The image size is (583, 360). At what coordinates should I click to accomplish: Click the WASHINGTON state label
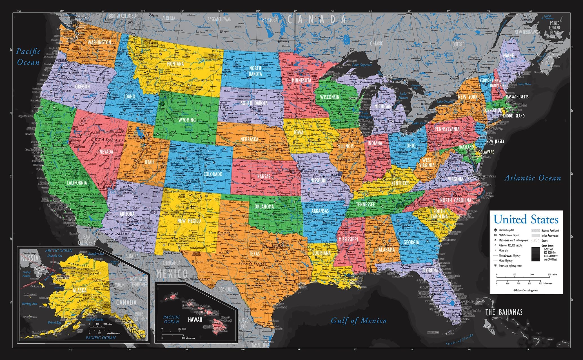99,42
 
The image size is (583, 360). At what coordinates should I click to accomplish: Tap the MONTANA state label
175,64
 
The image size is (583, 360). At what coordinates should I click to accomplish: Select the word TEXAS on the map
254,254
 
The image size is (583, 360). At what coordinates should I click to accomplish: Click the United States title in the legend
526,219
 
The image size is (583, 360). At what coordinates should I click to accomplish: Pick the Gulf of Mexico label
359,321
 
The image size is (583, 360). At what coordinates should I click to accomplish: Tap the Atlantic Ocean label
532,178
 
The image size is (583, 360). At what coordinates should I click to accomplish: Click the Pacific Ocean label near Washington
28,57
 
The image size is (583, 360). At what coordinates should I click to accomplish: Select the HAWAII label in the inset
195,320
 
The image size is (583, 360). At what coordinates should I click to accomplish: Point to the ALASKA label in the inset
79,290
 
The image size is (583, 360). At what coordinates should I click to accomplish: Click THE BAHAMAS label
504,312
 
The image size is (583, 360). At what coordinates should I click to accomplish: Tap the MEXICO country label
172,273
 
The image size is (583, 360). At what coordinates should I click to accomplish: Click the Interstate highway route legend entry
510,266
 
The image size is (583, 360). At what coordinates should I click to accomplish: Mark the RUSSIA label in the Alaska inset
30,258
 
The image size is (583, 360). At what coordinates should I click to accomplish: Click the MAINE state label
508,55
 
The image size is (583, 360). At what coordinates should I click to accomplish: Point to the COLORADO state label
213,174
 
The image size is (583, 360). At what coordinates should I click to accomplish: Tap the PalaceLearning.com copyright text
526,290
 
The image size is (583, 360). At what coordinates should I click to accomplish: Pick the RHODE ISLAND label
514,116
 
